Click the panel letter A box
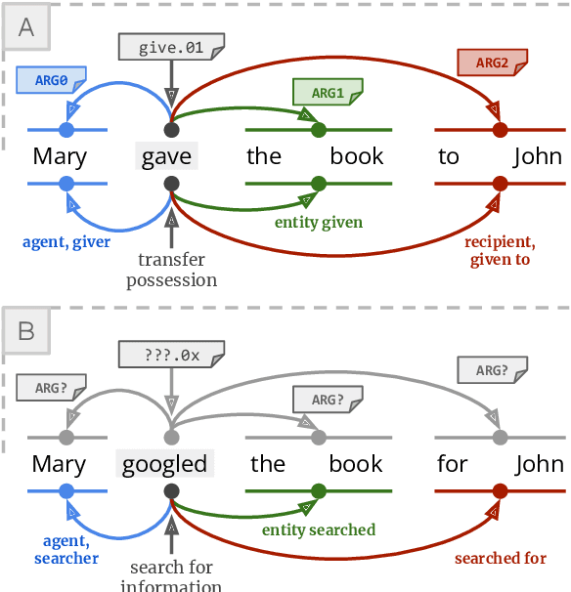coord(26,26)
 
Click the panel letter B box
coord(26,332)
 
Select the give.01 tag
coord(171,46)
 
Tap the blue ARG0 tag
coord(51,78)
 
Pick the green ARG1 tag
coord(328,93)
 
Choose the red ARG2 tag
coord(492,63)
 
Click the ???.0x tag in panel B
coord(171,354)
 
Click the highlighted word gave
coord(166,156)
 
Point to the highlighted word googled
coord(165,463)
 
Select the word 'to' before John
coord(449,156)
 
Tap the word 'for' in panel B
coord(452,463)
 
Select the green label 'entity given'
coord(318,223)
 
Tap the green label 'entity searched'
coord(318,530)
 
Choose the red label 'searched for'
coord(500,558)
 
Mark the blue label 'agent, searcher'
coord(66,549)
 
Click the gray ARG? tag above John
coord(492,369)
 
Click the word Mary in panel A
coord(60,156)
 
